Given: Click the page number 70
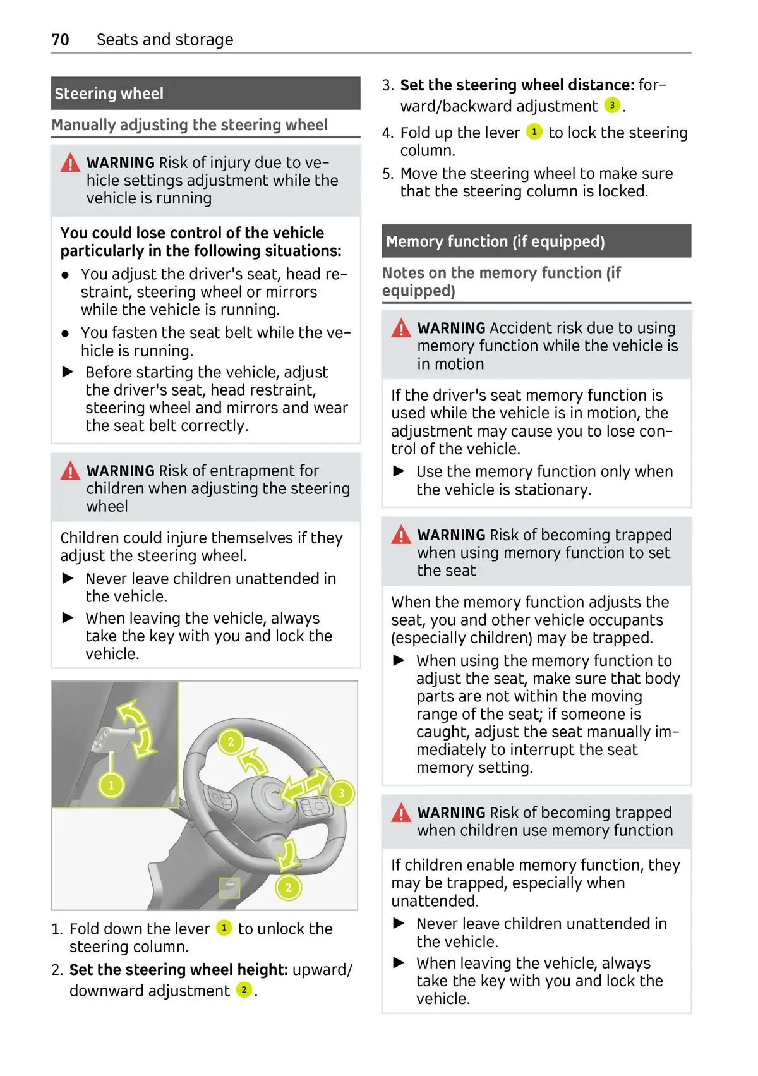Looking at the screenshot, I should click(60, 40).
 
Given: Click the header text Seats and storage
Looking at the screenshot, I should click(165, 40).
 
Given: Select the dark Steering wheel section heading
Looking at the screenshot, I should click(205, 94).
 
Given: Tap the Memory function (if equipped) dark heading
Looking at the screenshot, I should click(536, 241).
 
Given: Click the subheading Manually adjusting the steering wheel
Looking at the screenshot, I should click(189, 125).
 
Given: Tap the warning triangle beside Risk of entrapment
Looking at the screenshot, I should click(70, 471).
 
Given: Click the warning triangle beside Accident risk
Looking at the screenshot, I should click(401, 329).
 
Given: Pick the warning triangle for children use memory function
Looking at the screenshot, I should click(401, 813).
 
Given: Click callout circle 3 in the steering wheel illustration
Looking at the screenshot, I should click(341, 793).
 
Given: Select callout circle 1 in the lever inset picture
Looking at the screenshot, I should click(111, 785).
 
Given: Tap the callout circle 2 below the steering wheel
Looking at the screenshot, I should click(288, 887).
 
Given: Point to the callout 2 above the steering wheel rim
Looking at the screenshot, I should click(231, 742).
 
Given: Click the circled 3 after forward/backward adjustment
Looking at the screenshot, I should click(611, 106).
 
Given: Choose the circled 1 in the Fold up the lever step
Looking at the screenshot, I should click(534, 132).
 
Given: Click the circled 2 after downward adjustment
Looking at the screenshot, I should click(243, 990).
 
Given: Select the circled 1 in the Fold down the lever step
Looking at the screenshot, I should click(224, 928).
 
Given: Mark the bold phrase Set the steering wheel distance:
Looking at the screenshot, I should click(517, 85).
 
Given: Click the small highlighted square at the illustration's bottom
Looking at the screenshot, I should click(229, 888).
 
